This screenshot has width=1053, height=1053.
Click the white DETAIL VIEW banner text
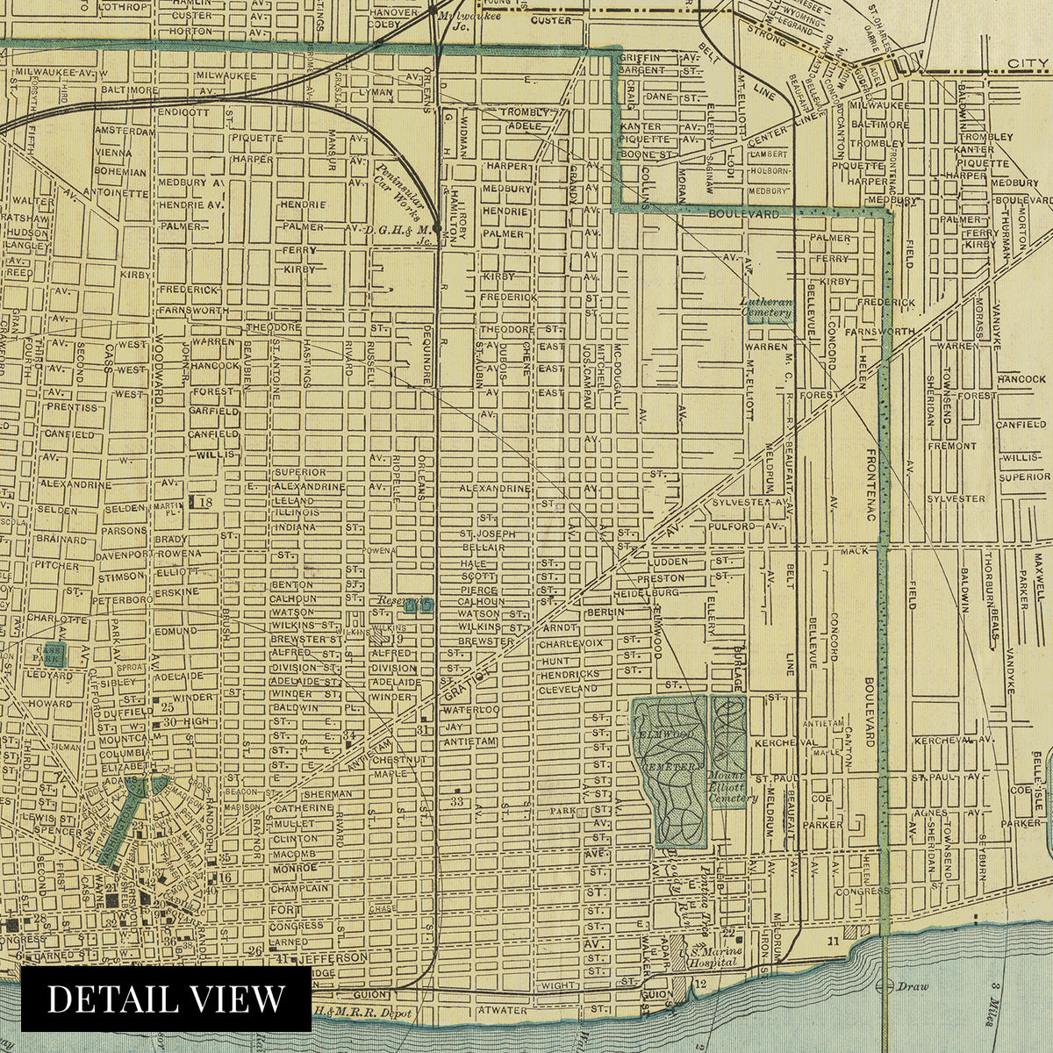pos(166,999)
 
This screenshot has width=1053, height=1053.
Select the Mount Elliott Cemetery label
pos(734,788)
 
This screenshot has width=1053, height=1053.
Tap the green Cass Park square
pos(55,653)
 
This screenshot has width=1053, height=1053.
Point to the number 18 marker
pos(201,502)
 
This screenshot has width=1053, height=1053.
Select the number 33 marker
pos(456,801)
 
